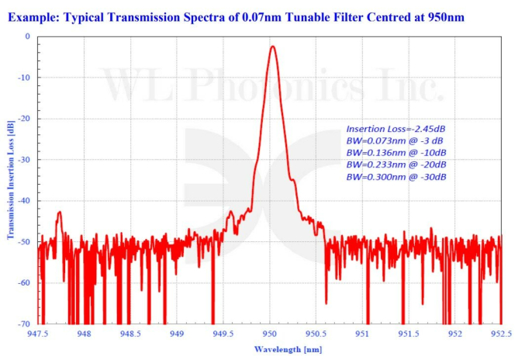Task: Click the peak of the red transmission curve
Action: pyautogui.click(x=272, y=47)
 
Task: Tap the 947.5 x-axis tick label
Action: pyautogui.click(x=38, y=334)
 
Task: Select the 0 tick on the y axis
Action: pyautogui.click(x=27, y=36)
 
